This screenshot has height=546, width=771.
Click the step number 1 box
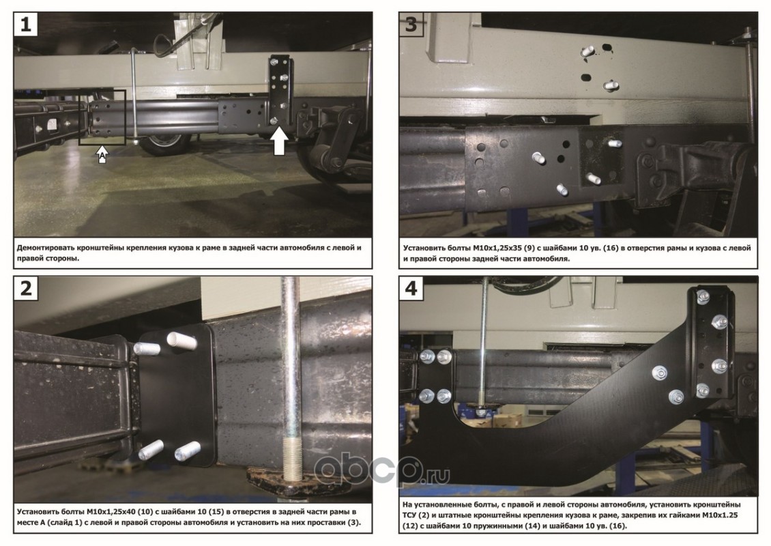pos(25,24)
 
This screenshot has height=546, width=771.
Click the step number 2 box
pos(25,288)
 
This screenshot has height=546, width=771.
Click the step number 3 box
pos(411,24)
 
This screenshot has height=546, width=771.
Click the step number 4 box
pos(411,288)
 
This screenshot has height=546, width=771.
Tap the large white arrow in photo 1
pos(279,140)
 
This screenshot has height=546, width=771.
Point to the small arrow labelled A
pos(102,154)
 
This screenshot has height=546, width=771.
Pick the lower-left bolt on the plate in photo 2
pos(151,449)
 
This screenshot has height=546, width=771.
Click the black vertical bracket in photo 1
pos(280,91)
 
